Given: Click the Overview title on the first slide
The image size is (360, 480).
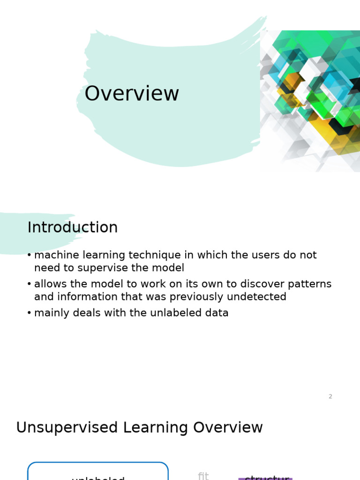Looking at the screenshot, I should click(132, 94).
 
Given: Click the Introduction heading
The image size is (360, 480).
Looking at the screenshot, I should click(73, 228).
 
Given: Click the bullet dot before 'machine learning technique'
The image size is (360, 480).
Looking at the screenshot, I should click(29, 255).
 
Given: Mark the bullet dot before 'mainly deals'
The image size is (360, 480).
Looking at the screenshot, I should click(29, 313).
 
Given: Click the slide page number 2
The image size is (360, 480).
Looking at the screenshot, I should click(330, 397).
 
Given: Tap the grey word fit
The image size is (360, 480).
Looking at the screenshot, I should click(203, 476).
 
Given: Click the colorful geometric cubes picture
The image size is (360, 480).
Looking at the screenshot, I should click(310, 101).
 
